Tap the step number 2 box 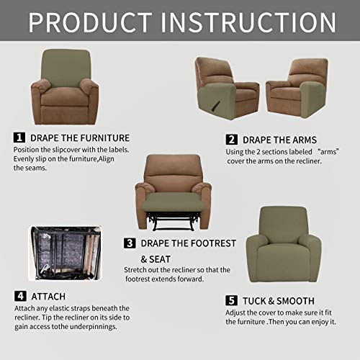click(231, 139)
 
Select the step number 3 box click(129, 243)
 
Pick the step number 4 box click(19, 295)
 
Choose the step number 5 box click(231, 300)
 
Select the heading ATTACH click(50, 296)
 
